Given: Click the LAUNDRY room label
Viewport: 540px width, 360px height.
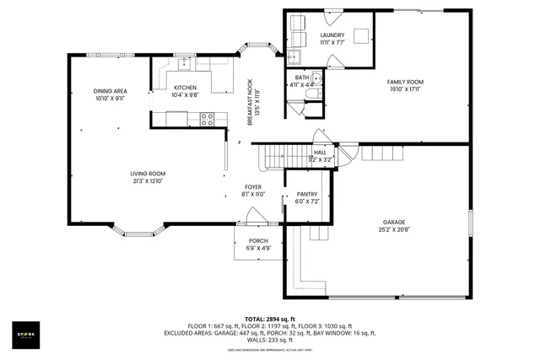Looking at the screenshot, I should [x=332, y=35].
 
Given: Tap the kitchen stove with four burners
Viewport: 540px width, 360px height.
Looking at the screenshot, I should [x=207, y=119].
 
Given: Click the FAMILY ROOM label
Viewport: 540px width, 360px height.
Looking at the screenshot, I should [x=405, y=82].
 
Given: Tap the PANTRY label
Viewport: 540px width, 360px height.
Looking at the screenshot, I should [x=306, y=194].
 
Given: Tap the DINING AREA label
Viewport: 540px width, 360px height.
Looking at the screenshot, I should [x=110, y=90].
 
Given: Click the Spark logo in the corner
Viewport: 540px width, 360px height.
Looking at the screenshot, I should [x=25, y=335].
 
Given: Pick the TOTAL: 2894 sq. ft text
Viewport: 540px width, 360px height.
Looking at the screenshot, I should [x=269, y=319].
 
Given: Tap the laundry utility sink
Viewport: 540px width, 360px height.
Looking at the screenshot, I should [x=294, y=57].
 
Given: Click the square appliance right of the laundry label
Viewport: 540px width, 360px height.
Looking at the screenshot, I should [x=362, y=35].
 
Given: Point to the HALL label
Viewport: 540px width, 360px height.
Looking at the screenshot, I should [x=320, y=153].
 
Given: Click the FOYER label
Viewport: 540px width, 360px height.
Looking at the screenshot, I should [x=253, y=186].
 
